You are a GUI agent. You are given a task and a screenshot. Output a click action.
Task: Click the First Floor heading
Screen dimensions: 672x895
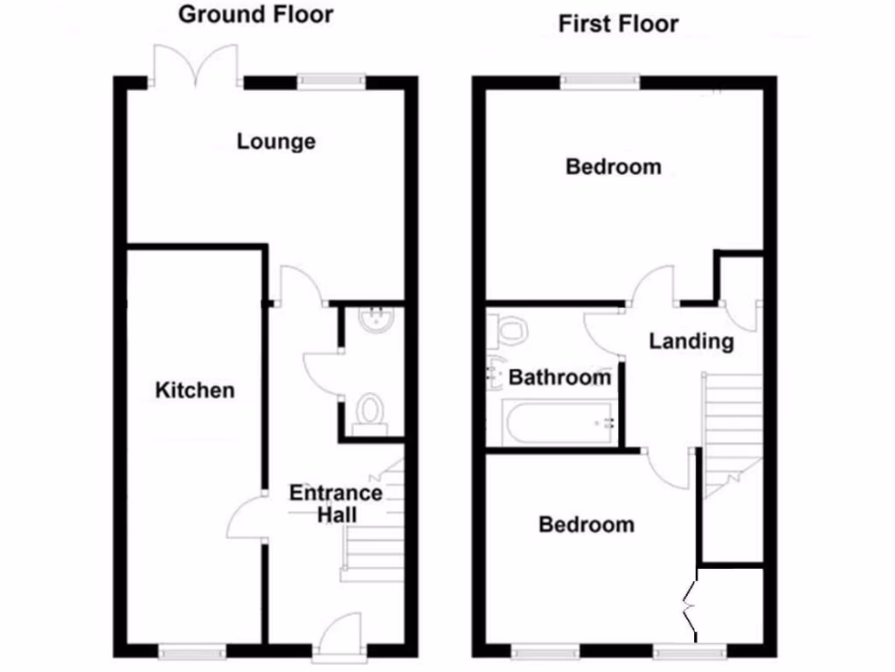[x=618, y=23]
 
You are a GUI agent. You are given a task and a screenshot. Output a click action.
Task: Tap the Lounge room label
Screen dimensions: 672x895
[x=275, y=141]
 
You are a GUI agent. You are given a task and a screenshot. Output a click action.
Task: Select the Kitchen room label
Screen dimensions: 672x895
[x=195, y=389]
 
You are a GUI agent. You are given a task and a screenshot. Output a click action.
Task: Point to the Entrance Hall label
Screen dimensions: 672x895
[x=336, y=503]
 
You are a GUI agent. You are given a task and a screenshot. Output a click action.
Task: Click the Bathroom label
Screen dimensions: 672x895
[x=559, y=378]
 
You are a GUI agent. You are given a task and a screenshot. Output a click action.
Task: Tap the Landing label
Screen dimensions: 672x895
[x=690, y=340]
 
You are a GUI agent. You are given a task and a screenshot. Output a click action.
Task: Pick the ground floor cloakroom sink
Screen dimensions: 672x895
[x=378, y=320]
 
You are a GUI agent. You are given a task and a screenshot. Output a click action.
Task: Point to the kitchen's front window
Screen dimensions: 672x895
[x=191, y=650]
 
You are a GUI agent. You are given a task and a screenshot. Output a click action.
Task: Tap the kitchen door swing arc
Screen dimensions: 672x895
[x=244, y=520]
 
